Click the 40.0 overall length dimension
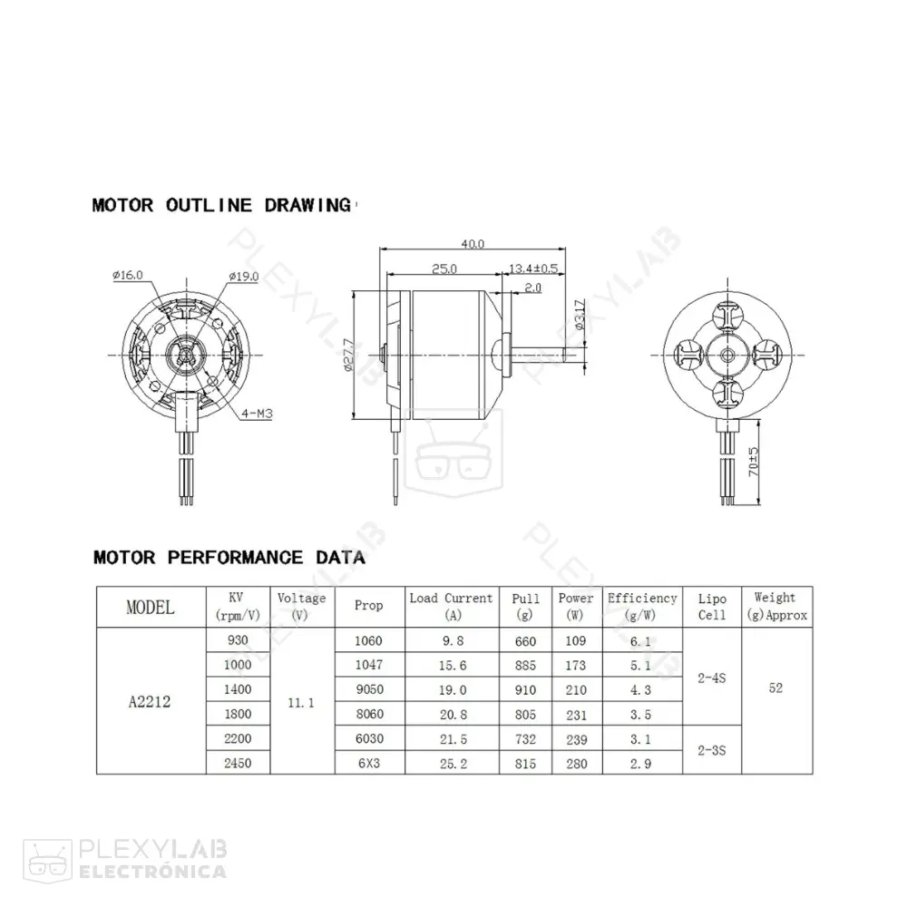coord(473,244)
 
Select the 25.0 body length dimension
coord(444,268)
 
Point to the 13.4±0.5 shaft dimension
coord(534,268)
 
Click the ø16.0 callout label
coord(128,276)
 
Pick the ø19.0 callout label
coord(244,276)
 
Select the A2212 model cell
coord(151,701)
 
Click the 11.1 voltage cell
coord(300,702)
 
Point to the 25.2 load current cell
coord(451,764)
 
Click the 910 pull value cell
coord(525,689)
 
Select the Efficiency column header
coord(642,606)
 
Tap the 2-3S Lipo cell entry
coord(712,751)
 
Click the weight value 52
coord(775,688)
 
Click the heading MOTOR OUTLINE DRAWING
coord(221,205)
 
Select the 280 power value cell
coord(576,764)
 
